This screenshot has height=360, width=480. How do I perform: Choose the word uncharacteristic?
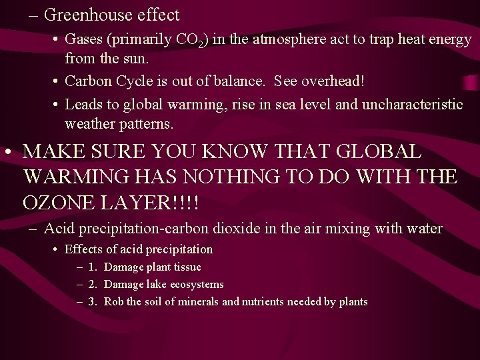(x=407, y=105)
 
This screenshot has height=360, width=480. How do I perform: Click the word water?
(x=423, y=229)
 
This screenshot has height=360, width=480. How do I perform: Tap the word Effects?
(x=84, y=250)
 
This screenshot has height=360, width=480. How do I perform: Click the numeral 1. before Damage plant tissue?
(x=93, y=267)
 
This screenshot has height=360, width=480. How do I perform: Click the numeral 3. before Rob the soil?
(x=93, y=302)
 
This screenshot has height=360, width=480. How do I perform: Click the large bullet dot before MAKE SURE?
(x=8, y=152)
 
